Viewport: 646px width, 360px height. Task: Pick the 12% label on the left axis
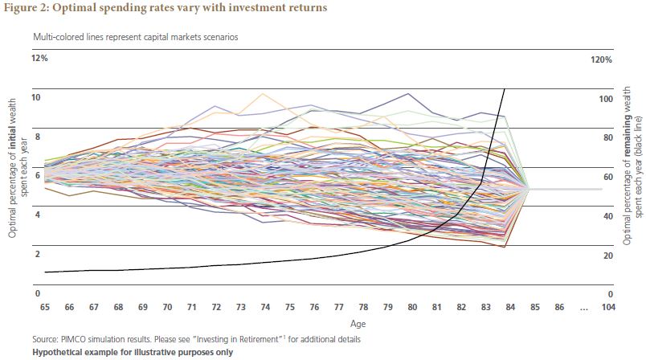pyautogui.click(x=40, y=59)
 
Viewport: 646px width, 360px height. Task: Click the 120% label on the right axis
pyautogui.click(x=602, y=59)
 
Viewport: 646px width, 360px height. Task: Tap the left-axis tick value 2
pyautogui.click(x=36, y=254)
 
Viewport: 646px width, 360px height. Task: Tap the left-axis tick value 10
pyautogui.click(x=36, y=98)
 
